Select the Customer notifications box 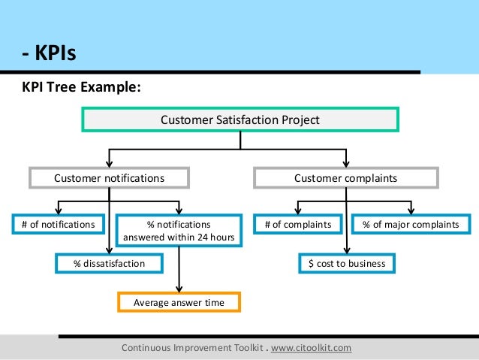109,178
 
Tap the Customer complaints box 345,178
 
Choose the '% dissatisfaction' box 110,263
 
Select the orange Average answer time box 179,302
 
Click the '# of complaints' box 298,224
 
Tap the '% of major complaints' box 411,224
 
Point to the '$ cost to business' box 347,263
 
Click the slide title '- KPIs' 48,54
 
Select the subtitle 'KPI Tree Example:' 81,88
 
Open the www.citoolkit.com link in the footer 311,348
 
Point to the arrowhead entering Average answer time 179,289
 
